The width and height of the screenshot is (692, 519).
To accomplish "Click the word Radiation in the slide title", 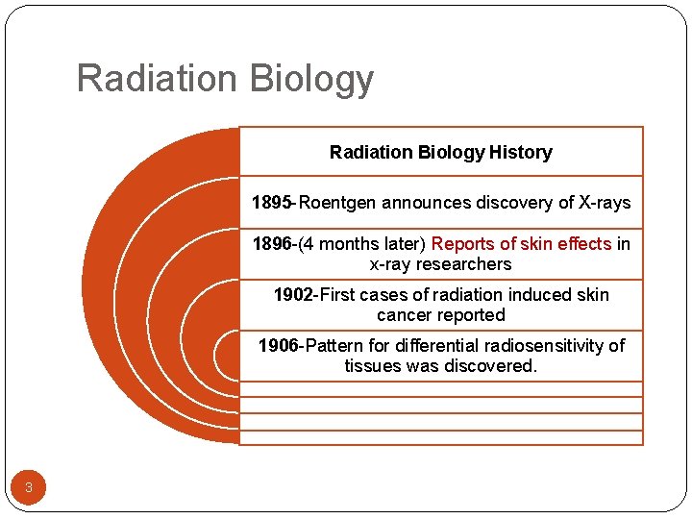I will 151,79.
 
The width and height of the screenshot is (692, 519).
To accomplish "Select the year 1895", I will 272,203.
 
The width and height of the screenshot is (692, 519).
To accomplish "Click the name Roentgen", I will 338,203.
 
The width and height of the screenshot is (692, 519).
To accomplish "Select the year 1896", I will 273,244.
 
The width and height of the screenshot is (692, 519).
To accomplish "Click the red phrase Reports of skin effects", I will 521,244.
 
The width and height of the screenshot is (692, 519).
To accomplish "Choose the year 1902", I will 293,295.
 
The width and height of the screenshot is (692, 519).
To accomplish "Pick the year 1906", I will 278,346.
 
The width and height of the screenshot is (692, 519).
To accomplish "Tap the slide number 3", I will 29,488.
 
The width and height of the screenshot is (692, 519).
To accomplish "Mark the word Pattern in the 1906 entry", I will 334,346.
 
